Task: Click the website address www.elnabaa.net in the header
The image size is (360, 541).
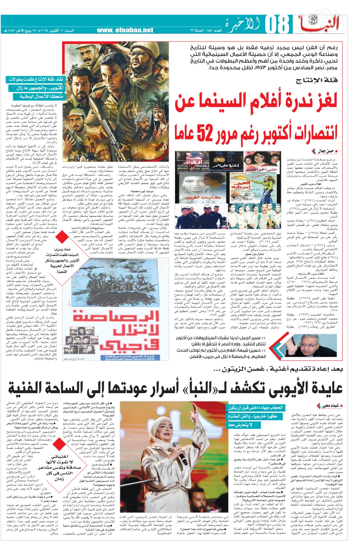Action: [125, 30]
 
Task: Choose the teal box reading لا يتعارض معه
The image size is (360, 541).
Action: [240, 424]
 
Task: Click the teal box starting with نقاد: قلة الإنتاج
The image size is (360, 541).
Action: [36, 79]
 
